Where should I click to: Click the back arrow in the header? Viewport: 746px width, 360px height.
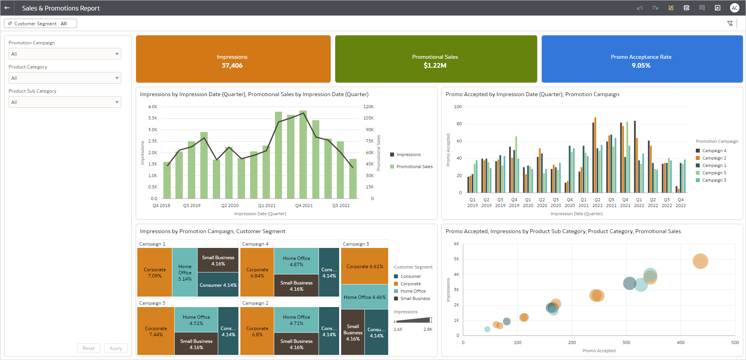[x=7, y=8]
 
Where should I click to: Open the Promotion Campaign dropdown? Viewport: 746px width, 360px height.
[x=65, y=54]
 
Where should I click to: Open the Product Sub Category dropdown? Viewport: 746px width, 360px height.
[x=65, y=102]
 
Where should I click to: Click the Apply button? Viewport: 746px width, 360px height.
[x=116, y=348]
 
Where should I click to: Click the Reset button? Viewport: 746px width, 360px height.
[x=88, y=348]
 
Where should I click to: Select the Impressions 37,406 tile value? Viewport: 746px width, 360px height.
[x=232, y=65]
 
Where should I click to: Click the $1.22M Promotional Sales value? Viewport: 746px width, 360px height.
[x=435, y=65]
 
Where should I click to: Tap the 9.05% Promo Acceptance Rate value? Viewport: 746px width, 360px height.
[x=641, y=65]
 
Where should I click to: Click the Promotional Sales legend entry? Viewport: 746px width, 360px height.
[x=414, y=167]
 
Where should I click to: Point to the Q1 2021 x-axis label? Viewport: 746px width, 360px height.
[x=267, y=205]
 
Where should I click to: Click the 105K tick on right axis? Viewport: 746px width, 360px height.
[x=368, y=118]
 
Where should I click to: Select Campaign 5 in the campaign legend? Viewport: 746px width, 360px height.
[x=714, y=173]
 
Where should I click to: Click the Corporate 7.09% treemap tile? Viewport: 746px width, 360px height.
[x=154, y=272]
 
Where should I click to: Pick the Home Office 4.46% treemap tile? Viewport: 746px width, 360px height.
[x=364, y=297]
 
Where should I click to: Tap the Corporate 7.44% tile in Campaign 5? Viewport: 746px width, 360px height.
[x=156, y=331]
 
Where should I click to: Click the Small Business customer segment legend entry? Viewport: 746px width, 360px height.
[x=415, y=299]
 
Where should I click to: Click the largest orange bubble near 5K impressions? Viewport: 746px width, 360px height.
[x=700, y=261]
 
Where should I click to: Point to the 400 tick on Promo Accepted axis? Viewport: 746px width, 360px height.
[x=680, y=342]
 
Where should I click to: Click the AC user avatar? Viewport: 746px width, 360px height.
[x=734, y=8]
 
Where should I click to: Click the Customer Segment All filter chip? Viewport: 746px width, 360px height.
[x=40, y=24]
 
